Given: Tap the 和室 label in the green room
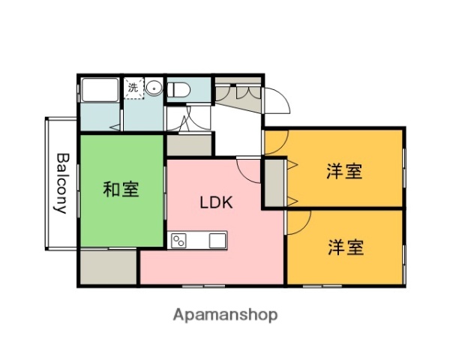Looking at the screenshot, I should [x=121, y=190].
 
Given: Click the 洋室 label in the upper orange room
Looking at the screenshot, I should [x=344, y=172].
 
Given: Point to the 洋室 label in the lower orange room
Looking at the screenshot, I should [x=344, y=247].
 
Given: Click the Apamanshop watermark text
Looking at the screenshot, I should [x=225, y=315].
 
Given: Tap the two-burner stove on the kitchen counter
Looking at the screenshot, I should [x=181, y=241].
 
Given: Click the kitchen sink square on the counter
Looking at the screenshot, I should [x=217, y=241].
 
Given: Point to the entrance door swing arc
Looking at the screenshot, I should [x=273, y=102].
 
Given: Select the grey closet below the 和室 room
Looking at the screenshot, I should [x=107, y=266].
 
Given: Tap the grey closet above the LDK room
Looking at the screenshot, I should [x=189, y=144].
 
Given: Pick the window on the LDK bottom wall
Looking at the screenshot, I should [x=202, y=286].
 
